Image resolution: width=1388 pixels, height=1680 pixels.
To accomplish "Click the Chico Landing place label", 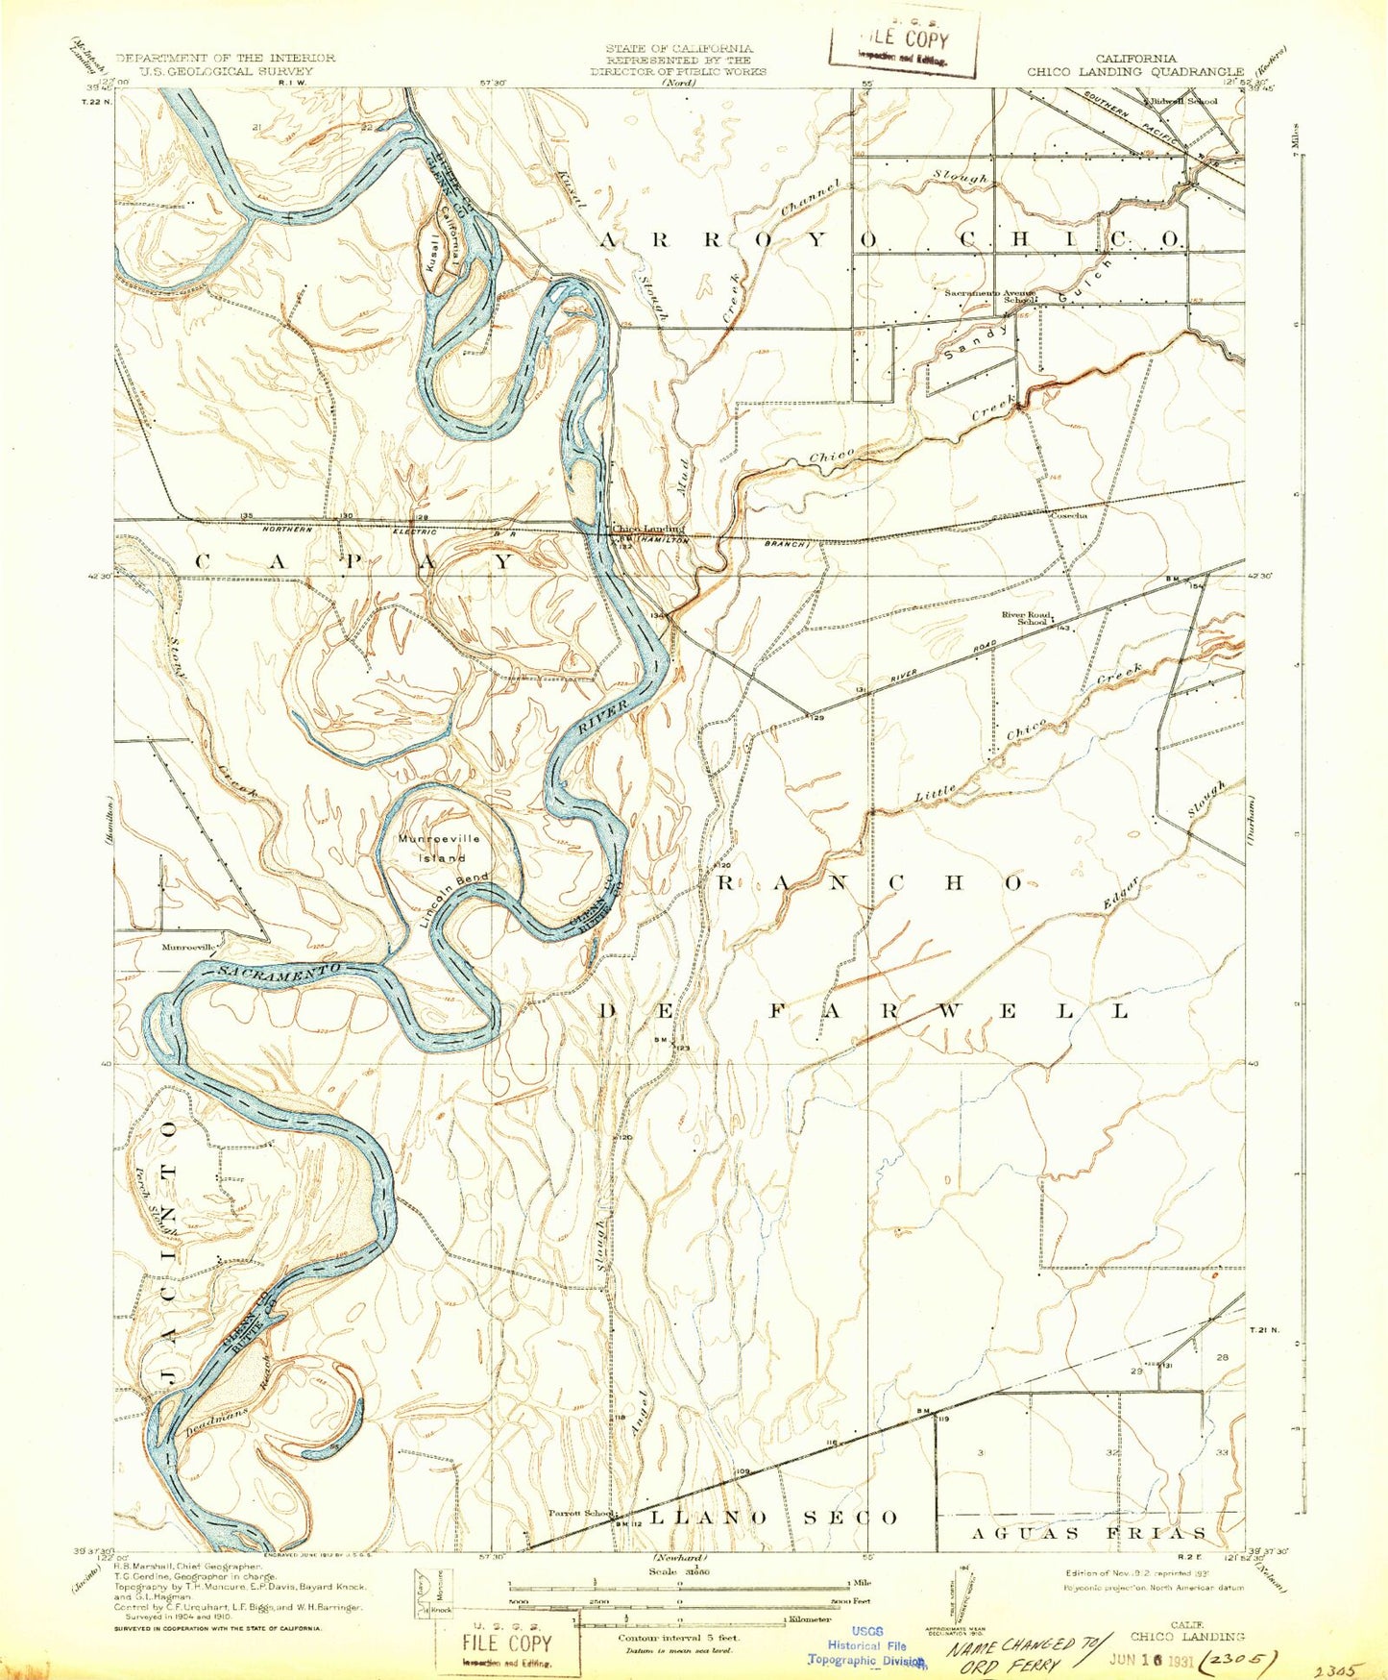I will (x=648, y=529).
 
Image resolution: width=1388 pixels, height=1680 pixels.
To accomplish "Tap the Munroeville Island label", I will (x=438, y=847).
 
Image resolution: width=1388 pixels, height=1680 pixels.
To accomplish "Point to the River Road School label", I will (x=1026, y=617).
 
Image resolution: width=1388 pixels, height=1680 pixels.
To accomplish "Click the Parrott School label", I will (x=580, y=1512).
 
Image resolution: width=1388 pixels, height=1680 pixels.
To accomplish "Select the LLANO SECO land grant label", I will (x=774, y=1517).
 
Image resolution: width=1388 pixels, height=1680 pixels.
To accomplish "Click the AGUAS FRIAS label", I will (x=1087, y=1533).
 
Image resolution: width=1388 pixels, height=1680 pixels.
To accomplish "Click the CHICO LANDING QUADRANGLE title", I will (x=1135, y=71).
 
